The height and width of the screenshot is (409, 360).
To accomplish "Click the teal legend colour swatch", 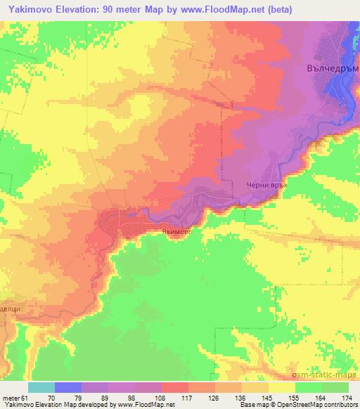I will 41,387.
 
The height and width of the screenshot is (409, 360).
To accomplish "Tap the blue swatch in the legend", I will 68,387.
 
